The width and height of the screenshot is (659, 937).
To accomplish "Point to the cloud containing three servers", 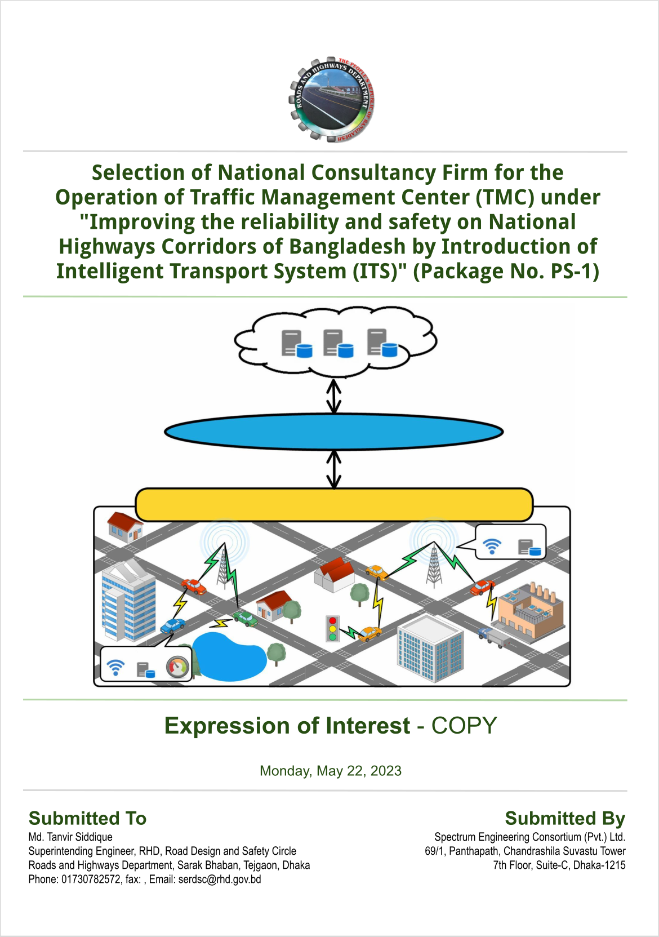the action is coord(335,342).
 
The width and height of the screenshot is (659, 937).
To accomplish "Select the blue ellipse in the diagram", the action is coord(333,432).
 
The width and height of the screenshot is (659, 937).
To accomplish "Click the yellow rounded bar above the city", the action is coord(334,504).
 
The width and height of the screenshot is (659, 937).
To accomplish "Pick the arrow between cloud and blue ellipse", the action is coord(333,396).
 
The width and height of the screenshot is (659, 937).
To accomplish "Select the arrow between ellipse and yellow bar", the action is coord(333,469).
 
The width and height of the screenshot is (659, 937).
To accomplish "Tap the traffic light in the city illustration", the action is coord(332,629).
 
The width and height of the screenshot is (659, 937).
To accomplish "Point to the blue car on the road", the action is coord(173,625).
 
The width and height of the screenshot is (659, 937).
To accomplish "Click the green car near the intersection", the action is coord(246,618).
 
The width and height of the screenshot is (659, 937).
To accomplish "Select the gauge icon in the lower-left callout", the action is coord(178,667).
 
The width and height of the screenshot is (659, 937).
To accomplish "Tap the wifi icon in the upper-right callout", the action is coord(492,546).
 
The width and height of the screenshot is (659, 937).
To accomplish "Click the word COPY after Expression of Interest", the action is coord(464,726).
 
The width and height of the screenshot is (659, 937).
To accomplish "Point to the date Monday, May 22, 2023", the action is coord(330,771).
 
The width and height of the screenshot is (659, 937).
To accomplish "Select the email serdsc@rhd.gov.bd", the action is coord(220,880).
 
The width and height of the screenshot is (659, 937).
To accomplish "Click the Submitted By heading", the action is coord(565,818).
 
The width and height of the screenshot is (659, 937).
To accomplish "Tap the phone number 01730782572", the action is coord(91,880).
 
